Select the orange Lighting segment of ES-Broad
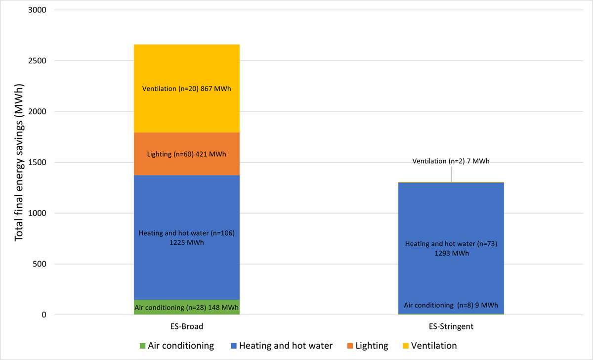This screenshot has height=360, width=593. [x=186, y=166]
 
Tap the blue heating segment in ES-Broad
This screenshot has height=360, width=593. [x=186, y=208]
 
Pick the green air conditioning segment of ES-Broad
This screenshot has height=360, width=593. [x=186, y=307]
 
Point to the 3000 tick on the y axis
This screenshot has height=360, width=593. [x=37, y=10]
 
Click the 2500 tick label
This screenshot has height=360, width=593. [x=37, y=61]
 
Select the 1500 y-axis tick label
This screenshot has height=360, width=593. [x=37, y=163]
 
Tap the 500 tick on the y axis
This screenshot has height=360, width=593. [x=39, y=264]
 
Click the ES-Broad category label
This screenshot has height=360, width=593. [x=186, y=327]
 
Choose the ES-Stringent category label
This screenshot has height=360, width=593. [x=451, y=327]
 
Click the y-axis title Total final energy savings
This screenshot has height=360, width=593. [x=19, y=163]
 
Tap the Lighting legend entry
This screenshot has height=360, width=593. [x=371, y=346]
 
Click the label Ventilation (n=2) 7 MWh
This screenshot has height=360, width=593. [x=451, y=161]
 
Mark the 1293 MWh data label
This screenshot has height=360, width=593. [x=451, y=253]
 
